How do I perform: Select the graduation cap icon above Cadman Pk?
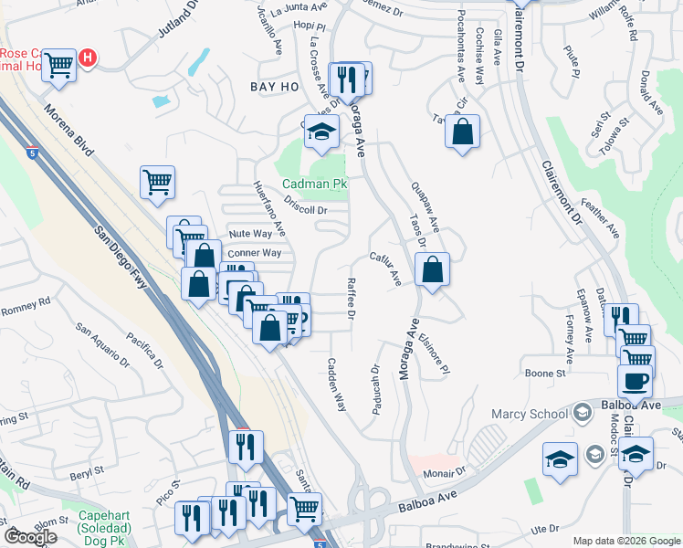[x=320, y=133]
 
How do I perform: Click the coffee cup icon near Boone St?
[x=635, y=379]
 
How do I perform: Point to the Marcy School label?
[x=530, y=414]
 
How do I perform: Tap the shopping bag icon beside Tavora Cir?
[x=463, y=131]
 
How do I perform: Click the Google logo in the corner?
[x=30, y=537]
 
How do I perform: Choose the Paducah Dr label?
[x=375, y=390]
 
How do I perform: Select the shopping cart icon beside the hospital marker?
[x=59, y=65]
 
